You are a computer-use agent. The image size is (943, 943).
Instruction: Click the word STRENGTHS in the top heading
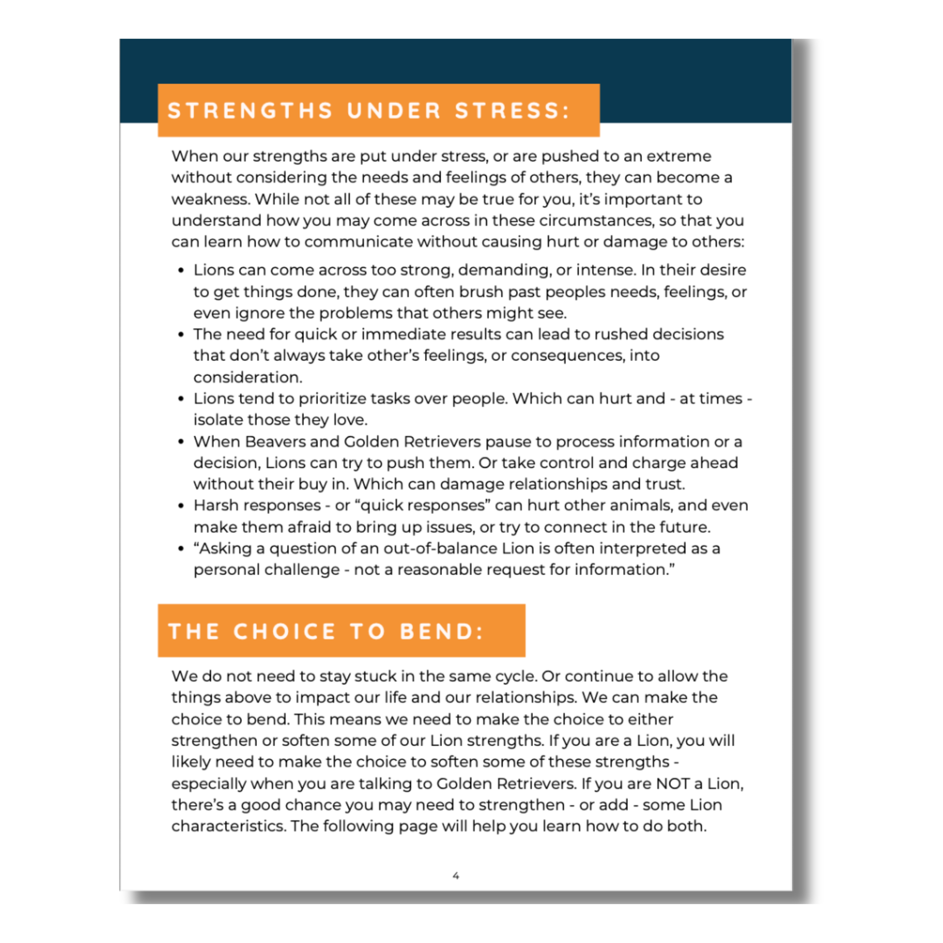(250, 111)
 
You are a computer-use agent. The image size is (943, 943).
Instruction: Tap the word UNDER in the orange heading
(394, 111)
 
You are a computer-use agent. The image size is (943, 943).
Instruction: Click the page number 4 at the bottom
(456, 876)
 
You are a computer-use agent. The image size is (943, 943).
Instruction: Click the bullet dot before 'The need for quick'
(181, 335)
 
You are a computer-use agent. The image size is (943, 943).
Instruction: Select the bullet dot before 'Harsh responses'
(181, 506)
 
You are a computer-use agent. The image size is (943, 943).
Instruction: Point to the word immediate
(398, 334)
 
